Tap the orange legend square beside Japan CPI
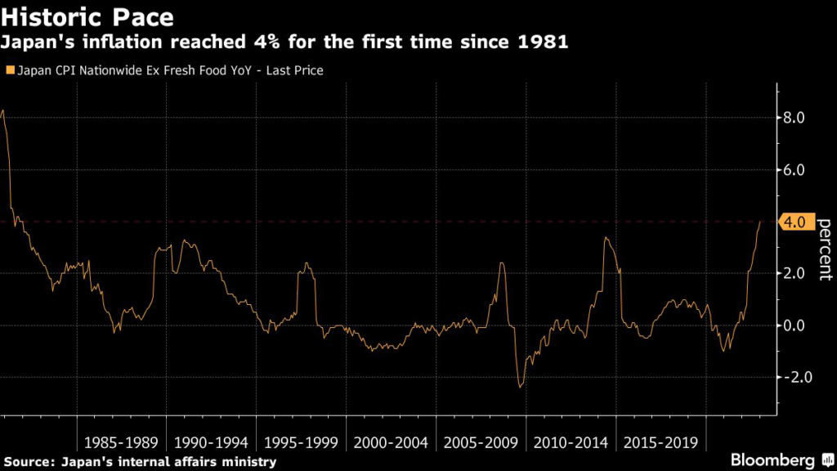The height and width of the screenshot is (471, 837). (x=9, y=71)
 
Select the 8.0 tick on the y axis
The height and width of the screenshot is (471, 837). (x=795, y=118)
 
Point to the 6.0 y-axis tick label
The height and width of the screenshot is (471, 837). (x=795, y=170)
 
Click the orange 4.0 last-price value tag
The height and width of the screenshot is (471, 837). (x=797, y=222)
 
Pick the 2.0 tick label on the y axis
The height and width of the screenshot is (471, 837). (x=795, y=273)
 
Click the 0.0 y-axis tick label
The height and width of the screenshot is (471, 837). (x=795, y=325)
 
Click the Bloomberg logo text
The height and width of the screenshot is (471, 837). (x=772, y=460)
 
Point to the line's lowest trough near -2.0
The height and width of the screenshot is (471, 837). (x=520, y=387)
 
